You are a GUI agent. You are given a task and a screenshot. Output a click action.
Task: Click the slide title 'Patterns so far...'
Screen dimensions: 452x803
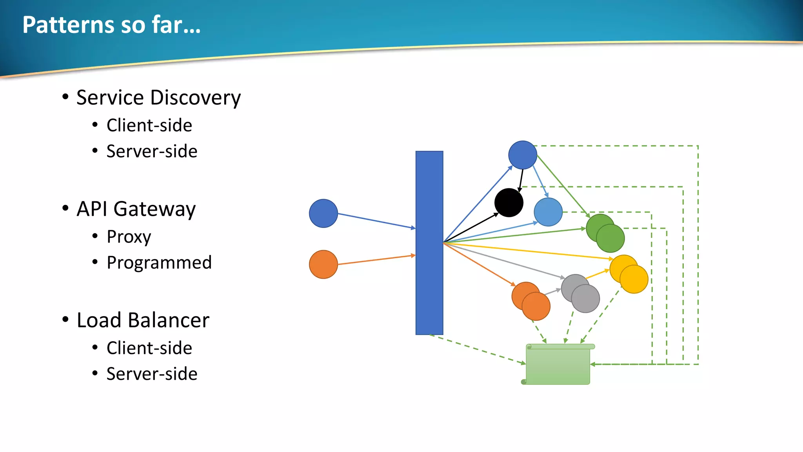pyautogui.click(x=111, y=25)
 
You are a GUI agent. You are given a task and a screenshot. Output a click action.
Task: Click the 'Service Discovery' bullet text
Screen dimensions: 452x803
pyautogui.click(x=158, y=97)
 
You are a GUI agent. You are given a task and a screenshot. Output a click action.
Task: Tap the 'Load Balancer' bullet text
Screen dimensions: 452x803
pyautogui.click(x=143, y=320)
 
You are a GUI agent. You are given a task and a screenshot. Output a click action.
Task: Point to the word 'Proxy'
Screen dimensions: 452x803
pyautogui.click(x=129, y=237)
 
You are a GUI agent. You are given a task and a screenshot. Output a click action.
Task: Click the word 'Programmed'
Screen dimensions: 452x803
pyautogui.click(x=159, y=262)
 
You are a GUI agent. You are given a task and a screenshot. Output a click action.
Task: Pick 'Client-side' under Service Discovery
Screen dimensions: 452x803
pyautogui.click(x=149, y=126)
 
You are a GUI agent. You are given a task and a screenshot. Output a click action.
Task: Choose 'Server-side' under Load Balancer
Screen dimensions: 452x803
pyautogui.click(x=152, y=374)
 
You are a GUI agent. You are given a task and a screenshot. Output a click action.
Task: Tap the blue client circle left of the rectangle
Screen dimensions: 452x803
pyautogui.click(x=323, y=213)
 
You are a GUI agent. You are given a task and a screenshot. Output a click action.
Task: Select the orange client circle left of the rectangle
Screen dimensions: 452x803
pyautogui.click(x=323, y=264)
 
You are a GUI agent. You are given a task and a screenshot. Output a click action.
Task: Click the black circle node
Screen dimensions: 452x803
pyautogui.click(x=509, y=202)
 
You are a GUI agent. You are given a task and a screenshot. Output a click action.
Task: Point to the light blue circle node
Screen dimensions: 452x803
pyautogui.click(x=548, y=212)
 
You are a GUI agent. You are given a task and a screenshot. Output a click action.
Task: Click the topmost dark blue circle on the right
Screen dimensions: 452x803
pyautogui.click(x=523, y=155)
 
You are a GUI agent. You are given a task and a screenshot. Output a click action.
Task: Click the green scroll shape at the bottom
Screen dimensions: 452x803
pyautogui.click(x=558, y=365)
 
